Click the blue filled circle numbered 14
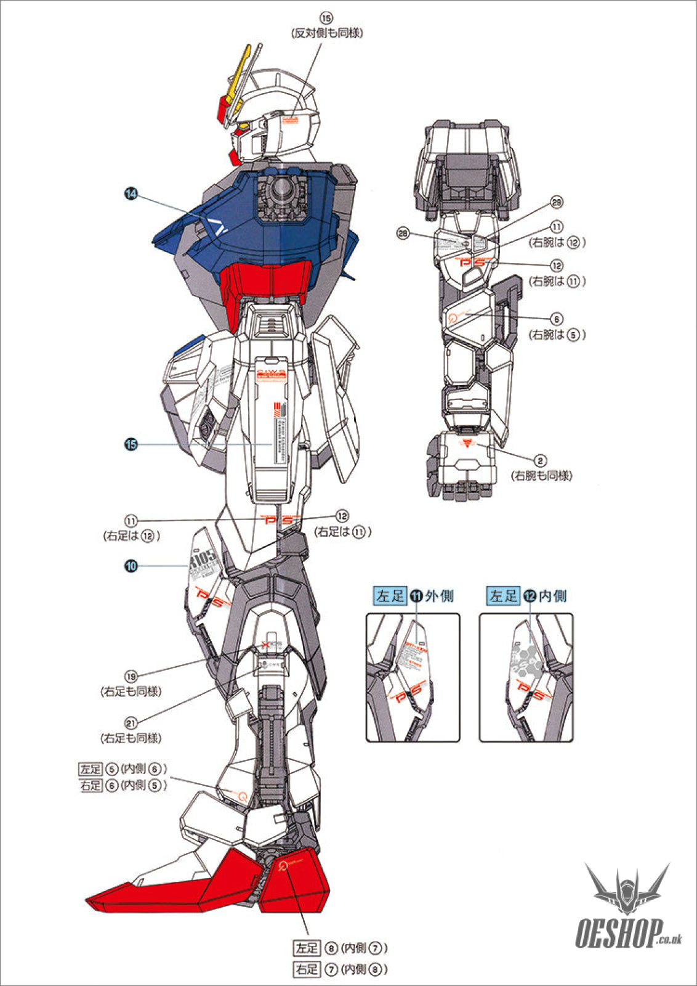(x=131, y=194)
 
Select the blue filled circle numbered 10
(x=131, y=566)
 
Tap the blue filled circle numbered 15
(x=131, y=444)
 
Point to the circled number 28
(x=403, y=234)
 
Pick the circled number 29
(x=557, y=203)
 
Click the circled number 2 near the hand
(x=540, y=460)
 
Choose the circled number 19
(x=131, y=676)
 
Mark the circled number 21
(x=131, y=723)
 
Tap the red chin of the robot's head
(x=235, y=157)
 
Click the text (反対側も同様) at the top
(x=327, y=33)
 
